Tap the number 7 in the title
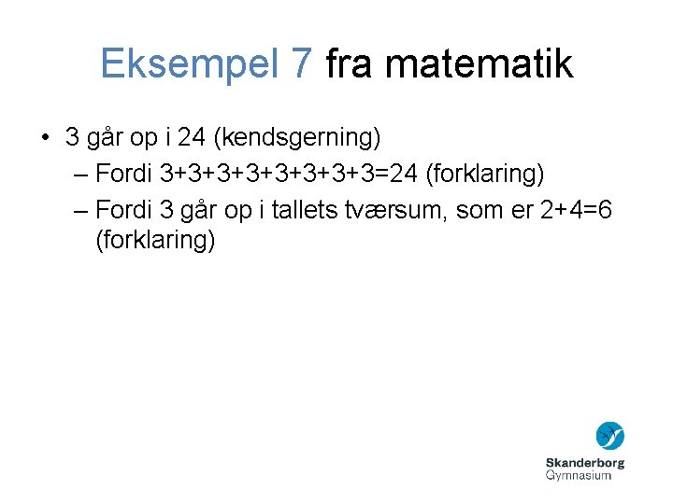click(302, 64)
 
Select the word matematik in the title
click(478, 64)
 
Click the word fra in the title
click(349, 64)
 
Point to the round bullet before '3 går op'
click(45, 139)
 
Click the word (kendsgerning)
click(297, 139)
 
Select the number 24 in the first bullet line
click(192, 139)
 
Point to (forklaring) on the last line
click(155, 241)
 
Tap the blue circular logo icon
click(610, 436)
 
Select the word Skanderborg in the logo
click(585, 462)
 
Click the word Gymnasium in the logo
click(579, 475)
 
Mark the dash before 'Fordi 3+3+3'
click(79, 175)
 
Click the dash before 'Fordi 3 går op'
click(79, 210)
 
